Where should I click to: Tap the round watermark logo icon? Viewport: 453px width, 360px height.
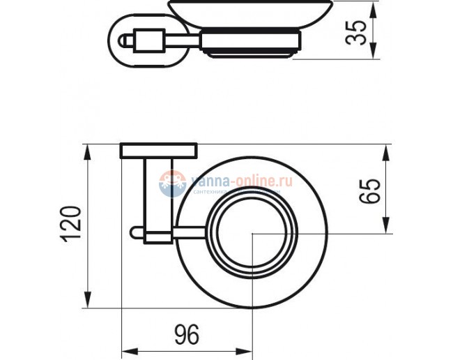coord(171,183)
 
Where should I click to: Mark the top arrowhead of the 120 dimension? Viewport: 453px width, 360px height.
coord(88,150)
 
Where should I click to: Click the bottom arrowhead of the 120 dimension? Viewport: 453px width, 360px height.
coord(88,301)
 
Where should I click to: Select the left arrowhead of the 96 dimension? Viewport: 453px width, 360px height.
coord(128,350)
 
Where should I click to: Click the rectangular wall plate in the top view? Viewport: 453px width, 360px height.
coord(158,151)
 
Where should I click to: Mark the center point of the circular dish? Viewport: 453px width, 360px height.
coord(253,234)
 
